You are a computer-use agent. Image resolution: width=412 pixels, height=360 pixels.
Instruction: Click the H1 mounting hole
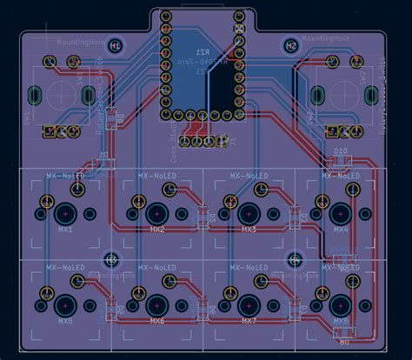(x=115, y=45)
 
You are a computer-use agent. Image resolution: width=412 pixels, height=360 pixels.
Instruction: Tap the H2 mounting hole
(x=291, y=45)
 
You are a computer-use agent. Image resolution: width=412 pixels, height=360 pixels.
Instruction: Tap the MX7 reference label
(x=249, y=322)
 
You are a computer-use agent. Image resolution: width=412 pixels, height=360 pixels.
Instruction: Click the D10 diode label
(x=341, y=151)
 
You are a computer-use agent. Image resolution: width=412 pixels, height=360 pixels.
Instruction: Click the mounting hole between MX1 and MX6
(x=111, y=259)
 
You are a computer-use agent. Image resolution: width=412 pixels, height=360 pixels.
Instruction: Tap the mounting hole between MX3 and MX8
(x=294, y=259)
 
